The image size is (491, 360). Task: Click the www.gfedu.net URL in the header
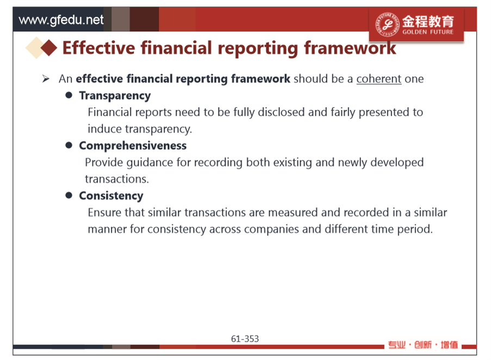61,20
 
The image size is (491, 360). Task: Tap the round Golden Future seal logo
388,24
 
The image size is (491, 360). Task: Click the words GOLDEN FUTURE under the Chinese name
428,32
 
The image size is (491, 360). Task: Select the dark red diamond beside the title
49,48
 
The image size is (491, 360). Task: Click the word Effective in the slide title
98,48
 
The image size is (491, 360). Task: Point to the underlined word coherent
379,78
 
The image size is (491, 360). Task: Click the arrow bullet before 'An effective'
46,78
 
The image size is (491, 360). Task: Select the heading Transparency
115,96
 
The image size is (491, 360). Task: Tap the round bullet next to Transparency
69,95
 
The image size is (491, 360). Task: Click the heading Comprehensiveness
133,146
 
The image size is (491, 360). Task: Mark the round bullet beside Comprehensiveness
69,145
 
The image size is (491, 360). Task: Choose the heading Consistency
111,196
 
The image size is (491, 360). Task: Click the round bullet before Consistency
69,195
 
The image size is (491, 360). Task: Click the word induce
104,129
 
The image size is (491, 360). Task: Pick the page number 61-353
245,339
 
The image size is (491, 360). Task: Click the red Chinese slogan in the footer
422,345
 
